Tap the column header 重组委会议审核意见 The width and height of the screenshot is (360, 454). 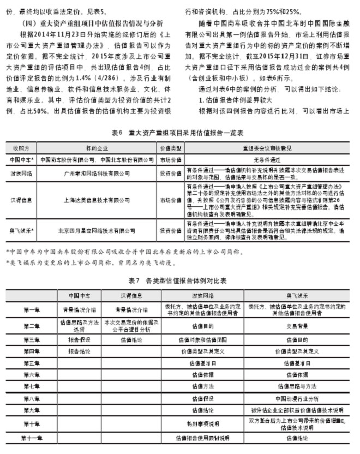tap(266, 148)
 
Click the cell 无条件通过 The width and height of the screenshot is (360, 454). tap(266, 159)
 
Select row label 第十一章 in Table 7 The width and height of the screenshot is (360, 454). tap(32, 438)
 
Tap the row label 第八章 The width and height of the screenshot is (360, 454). tap(32, 398)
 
